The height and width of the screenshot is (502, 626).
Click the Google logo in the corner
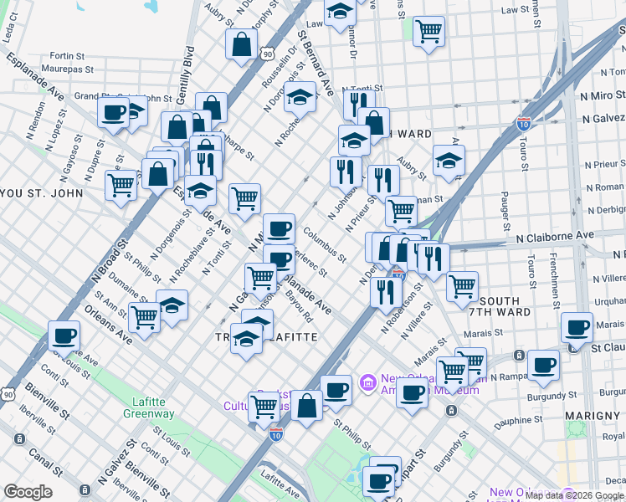pyautogui.click(x=28, y=492)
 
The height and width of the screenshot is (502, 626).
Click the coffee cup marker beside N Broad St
pyautogui.click(x=64, y=336)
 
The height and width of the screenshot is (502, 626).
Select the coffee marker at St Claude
pyautogui.click(x=577, y=327)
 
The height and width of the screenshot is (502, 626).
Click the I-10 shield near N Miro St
pyautogui.click(x=524, y=124)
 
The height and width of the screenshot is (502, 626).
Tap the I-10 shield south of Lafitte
pyautogui.click(x=276, y=434)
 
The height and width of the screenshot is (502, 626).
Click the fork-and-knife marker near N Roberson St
pyautogui.click(x=385, y=292)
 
